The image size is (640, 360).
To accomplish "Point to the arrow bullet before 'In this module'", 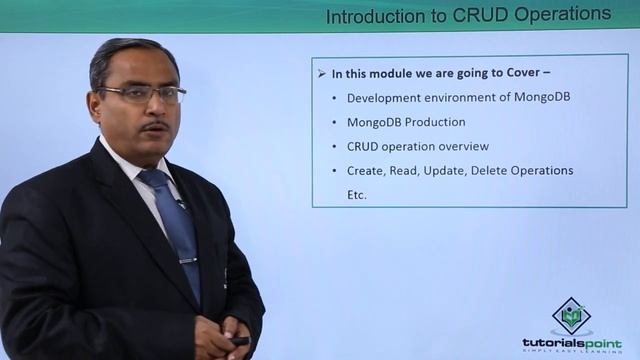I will pos(321,74).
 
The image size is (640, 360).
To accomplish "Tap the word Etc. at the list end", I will pos(357,194).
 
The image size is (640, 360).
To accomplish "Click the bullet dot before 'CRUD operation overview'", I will pos(333,146).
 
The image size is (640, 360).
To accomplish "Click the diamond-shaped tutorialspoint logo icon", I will pos(571,316).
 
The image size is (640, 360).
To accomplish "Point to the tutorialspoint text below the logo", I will pos(571,342).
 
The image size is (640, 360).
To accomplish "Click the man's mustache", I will pos(153,126).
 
